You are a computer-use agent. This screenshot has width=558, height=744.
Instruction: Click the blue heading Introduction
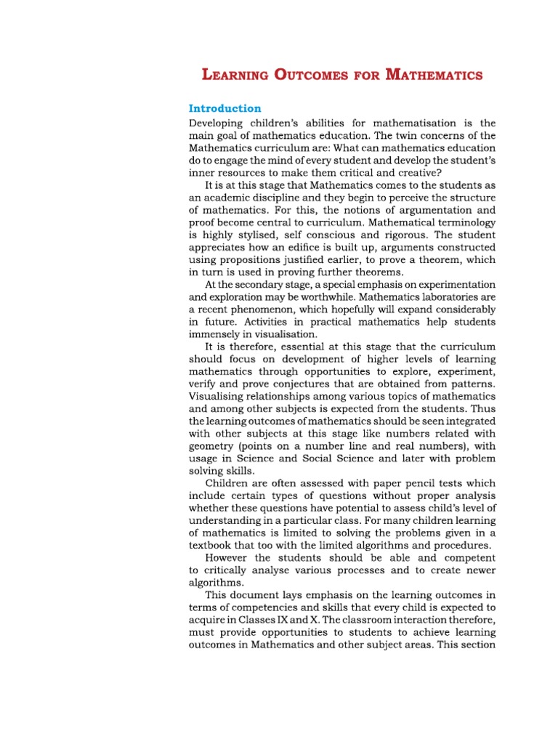coord(225,108)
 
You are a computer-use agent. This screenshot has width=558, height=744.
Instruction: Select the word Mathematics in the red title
coord(434,75)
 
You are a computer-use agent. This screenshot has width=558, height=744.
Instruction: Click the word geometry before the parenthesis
coord(211,446)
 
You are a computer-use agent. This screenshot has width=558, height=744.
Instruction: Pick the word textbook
coord(212,545)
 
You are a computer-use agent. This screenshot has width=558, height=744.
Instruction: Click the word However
coord(228,558)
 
